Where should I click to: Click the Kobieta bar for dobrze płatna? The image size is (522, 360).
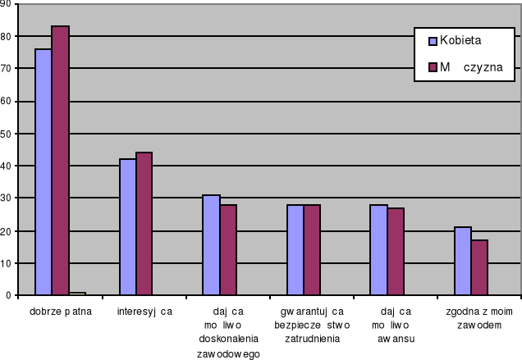pos(43,171)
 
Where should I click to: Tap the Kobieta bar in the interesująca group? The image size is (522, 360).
pos(127,226)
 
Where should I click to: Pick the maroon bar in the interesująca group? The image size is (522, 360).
pos(144,223)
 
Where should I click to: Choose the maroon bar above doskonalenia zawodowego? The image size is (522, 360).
pos(228,249)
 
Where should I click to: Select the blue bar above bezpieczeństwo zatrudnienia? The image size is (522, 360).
pos(295,249)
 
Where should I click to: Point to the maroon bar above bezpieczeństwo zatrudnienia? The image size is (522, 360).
pos(312,249)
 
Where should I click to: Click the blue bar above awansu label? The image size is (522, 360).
pos(378,249)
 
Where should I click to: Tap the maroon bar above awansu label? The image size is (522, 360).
pos(396,251)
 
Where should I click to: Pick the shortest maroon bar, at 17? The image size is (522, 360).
pos(479,267)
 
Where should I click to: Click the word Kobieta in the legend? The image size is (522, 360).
pos(460,39)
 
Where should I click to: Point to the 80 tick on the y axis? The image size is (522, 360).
pos(7,36)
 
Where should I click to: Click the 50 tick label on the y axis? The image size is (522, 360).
pos(7,134)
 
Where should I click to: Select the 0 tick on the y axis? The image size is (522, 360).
pos(9,295)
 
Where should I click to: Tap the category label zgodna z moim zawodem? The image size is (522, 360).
pos(478,318)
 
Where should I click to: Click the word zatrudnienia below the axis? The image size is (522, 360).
pos(313,338)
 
